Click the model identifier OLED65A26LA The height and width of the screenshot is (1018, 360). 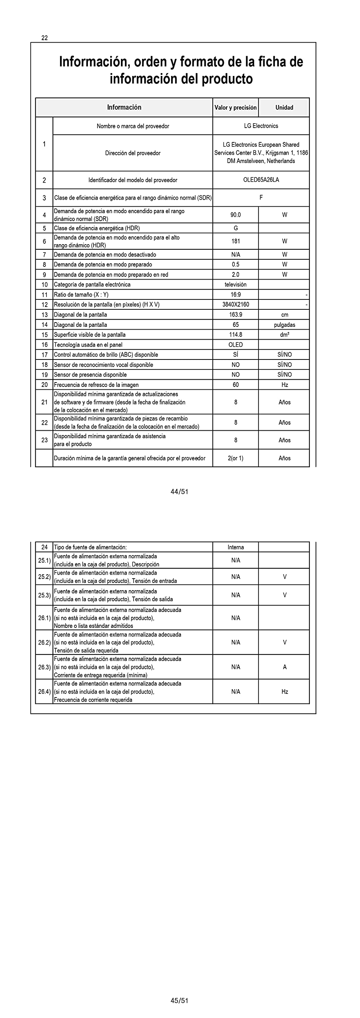261,180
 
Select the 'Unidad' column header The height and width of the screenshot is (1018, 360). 284,107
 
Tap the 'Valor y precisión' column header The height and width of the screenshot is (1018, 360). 235,107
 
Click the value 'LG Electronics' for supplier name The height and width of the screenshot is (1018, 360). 261,126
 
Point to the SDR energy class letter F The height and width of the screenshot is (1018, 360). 261,198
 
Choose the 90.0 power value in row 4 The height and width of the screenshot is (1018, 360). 235,215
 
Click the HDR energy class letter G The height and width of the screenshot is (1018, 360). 235,228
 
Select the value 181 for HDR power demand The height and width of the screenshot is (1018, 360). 235,241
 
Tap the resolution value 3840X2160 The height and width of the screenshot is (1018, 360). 235,305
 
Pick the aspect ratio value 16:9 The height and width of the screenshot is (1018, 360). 235,295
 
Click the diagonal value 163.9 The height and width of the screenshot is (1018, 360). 235,315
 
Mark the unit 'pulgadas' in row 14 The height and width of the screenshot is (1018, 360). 284,325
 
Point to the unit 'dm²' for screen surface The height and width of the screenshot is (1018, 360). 284,335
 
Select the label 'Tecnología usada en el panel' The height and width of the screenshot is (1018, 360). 88,345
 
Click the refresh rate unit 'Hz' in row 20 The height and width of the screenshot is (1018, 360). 284,385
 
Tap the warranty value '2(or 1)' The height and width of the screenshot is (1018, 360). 235,458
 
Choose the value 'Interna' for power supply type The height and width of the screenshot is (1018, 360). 235,547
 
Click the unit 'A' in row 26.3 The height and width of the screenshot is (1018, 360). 284,667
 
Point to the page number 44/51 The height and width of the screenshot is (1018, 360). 179,492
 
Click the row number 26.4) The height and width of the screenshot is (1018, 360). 44,692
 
